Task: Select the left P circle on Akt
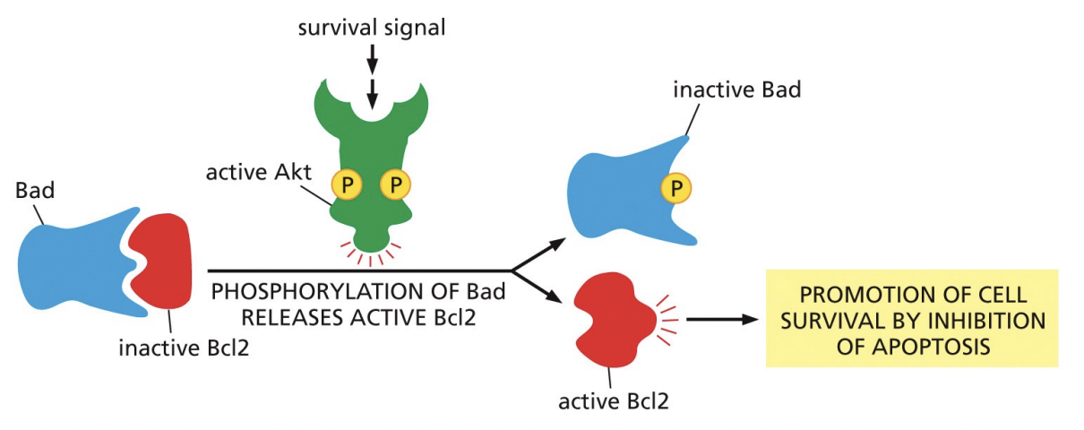[346, 185]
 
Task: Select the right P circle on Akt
[395, 185]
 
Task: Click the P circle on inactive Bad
[676, 186]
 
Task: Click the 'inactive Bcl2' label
[184, 347]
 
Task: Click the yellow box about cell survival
[911, 318]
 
